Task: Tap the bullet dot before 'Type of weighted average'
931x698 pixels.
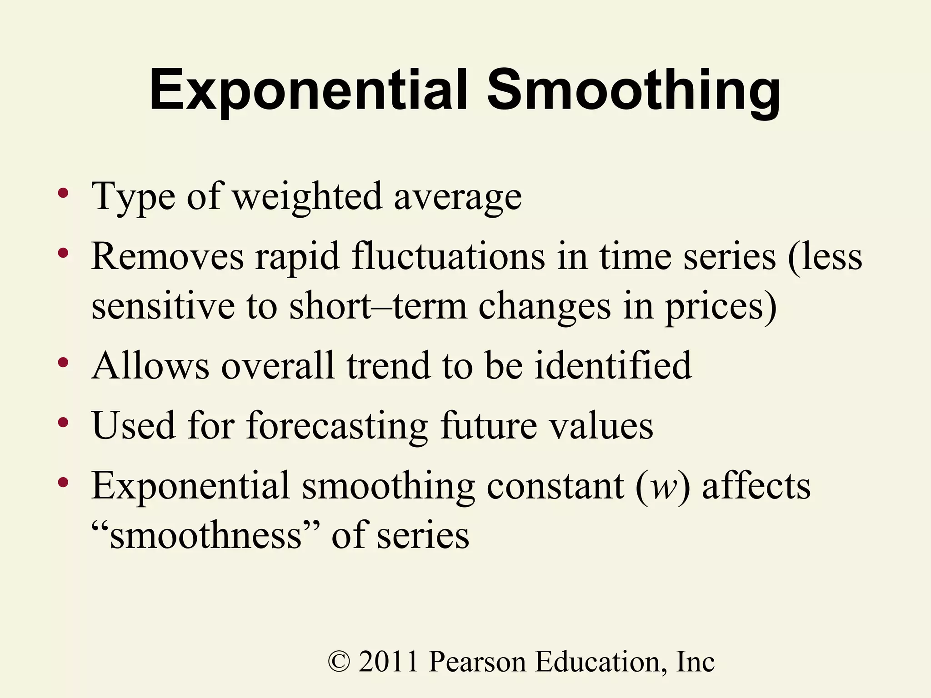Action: pos(63,193)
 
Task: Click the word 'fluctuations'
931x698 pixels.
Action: pos(448,256)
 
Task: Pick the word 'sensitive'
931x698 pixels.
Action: pos(163,306)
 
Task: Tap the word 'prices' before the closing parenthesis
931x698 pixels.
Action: pos(716,307)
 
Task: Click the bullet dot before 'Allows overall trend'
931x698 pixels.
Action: pos(63,362)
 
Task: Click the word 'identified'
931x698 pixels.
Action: pos(613,365)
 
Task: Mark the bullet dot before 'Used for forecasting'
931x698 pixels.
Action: pos(63,423)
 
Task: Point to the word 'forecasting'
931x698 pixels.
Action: pos(337,426)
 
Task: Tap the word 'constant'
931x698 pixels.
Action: pos(556,486)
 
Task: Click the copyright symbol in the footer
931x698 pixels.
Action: pos(339,662)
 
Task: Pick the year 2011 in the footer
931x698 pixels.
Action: pos(388,662)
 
